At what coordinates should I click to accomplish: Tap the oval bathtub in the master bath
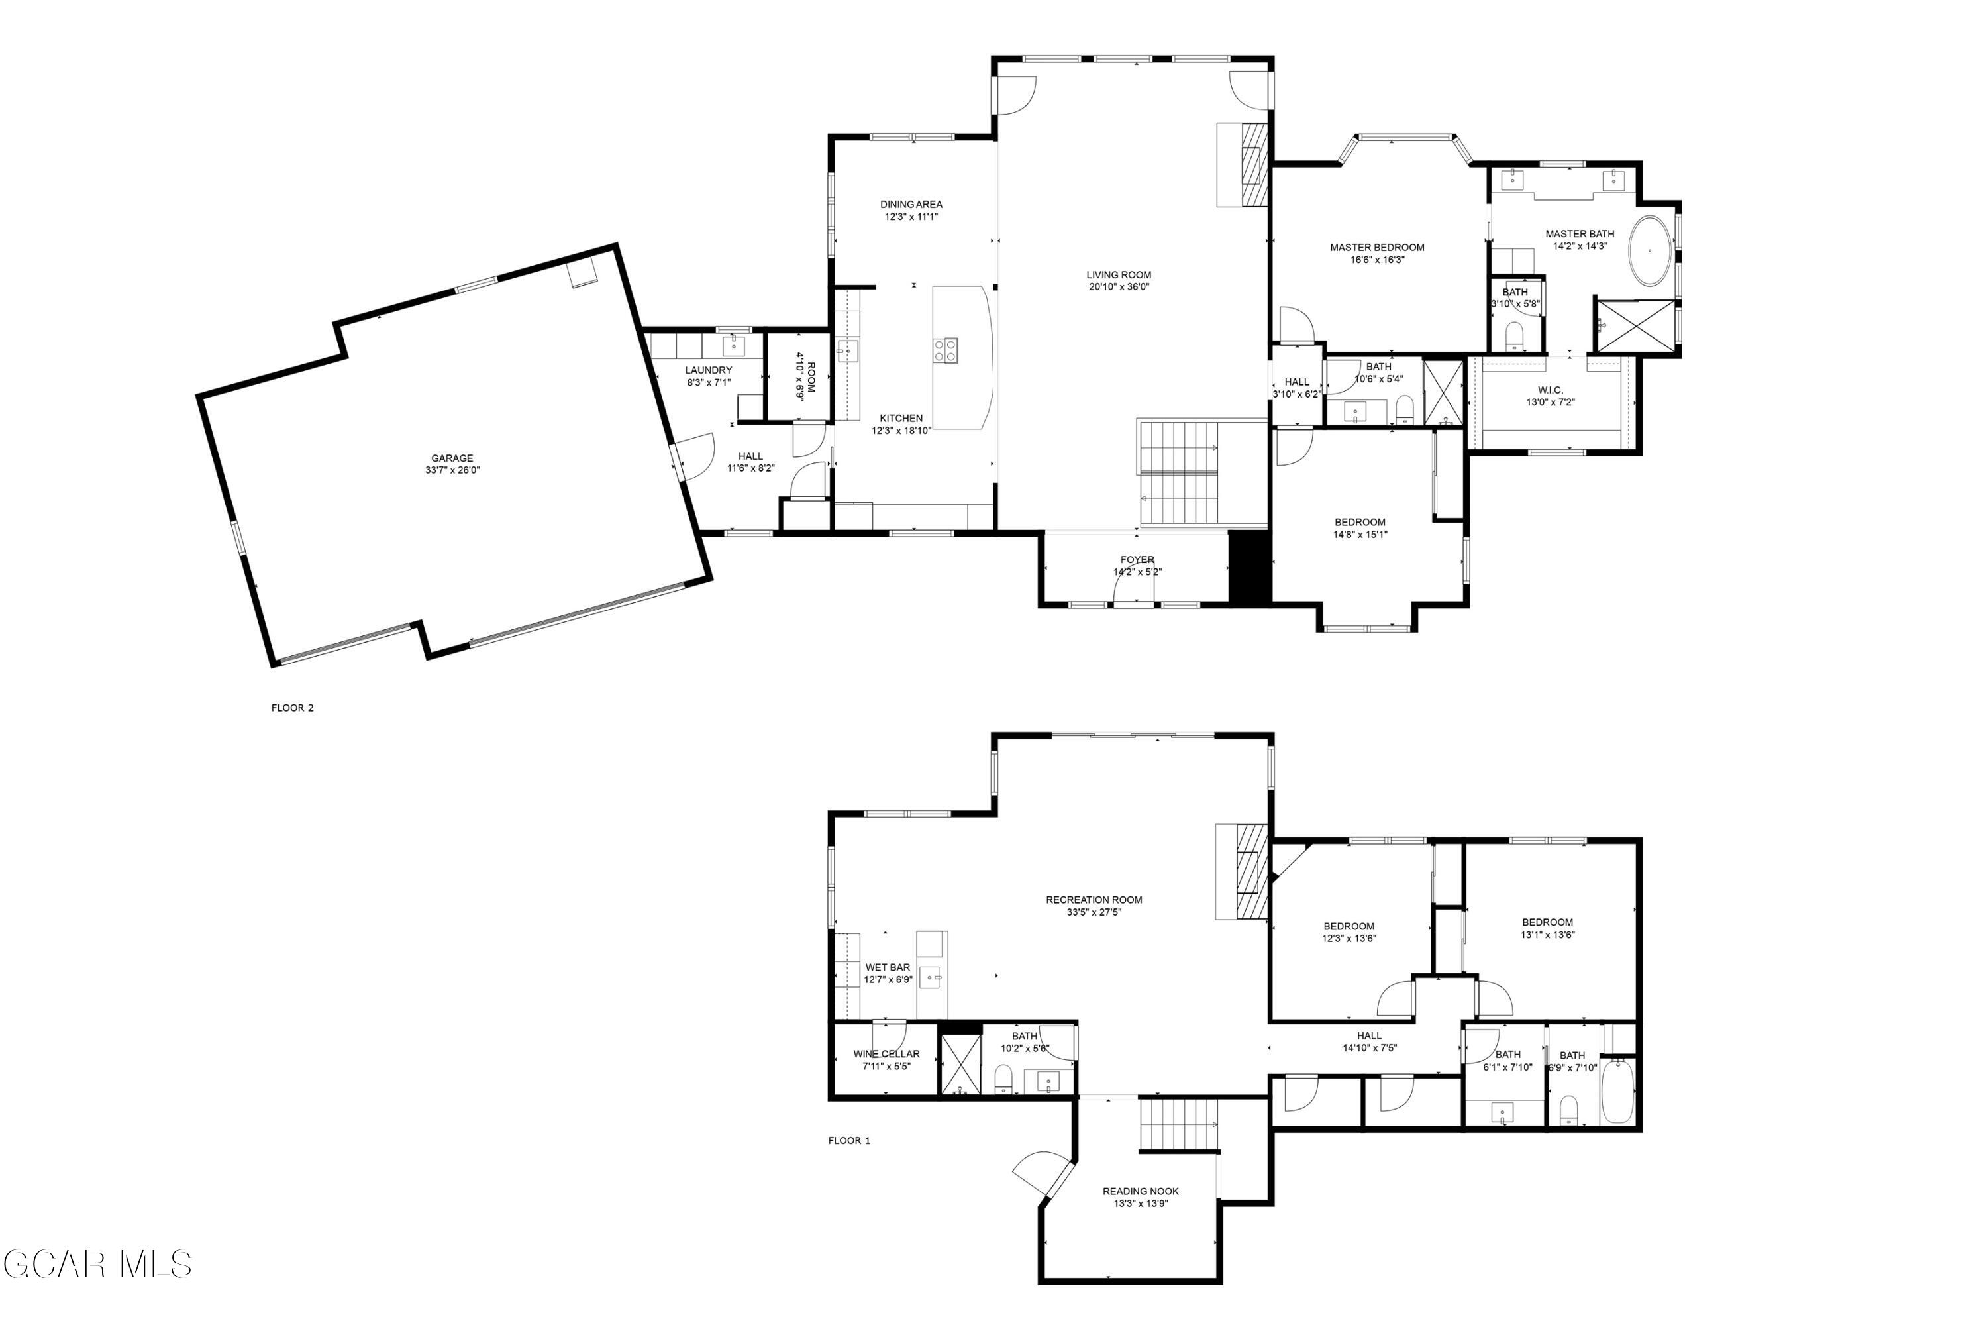point(1650,251)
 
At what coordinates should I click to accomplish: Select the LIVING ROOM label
point(1119,275)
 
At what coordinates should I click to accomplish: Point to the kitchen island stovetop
point(945,350)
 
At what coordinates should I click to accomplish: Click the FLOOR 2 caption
point(292,708)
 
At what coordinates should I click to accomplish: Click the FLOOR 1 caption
point(849,1141)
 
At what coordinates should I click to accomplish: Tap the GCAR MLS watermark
point(97,1265)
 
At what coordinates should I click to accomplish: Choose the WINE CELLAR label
point(886,1054)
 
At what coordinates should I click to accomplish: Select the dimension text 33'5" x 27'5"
point(1094,912)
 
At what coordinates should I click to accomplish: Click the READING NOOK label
point(1141,1191)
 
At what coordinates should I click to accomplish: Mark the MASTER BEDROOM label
point(1377,248)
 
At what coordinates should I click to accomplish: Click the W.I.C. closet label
point(1551,390)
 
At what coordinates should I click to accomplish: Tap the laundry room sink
point(733,346)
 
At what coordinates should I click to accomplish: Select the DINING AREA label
point(911,205)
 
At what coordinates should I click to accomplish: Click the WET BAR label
point(887,967)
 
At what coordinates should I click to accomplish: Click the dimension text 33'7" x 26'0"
point(452,470)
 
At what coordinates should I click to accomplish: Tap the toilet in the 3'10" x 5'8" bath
point(1515,335)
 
